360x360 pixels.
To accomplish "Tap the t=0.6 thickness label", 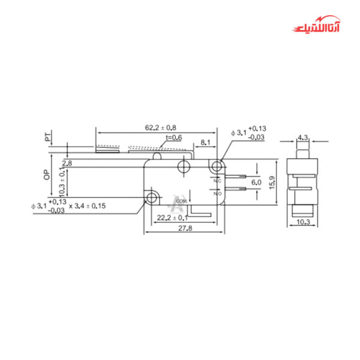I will click(173, 137).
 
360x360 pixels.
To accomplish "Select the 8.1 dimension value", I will click(205, 143).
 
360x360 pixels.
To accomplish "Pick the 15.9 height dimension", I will click(272, 182).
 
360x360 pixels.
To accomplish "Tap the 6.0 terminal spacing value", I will click(256, 182).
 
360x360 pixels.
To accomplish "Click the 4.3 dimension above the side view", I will click(302, 137).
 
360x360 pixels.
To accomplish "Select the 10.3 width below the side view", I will click(302, 223).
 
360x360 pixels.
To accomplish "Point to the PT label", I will click(47, 137).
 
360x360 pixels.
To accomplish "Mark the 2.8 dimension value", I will click(67, 163).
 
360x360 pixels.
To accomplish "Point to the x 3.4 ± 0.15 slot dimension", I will click(87, 206).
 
